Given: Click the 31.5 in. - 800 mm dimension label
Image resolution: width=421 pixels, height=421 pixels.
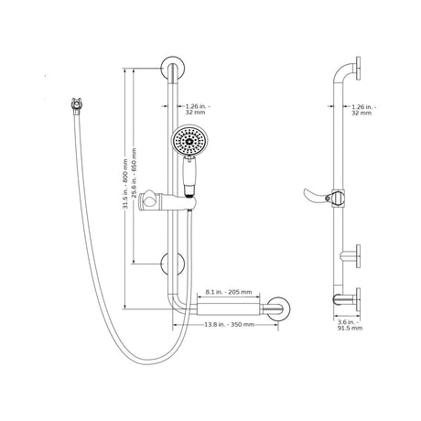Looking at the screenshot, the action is (125, 184).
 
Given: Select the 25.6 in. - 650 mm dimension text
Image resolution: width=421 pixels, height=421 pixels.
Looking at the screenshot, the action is (134, 172).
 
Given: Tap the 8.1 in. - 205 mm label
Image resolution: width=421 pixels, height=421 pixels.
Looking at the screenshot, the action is (229, 292).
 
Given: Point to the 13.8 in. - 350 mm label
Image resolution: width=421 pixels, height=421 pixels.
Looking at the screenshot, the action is (229, 324).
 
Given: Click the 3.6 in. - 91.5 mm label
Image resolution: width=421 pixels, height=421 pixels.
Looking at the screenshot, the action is (350, 325).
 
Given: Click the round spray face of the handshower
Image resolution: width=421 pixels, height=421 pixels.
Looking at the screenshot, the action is (187, 141).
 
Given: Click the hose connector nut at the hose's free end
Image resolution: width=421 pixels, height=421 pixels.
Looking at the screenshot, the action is (76, 105).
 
